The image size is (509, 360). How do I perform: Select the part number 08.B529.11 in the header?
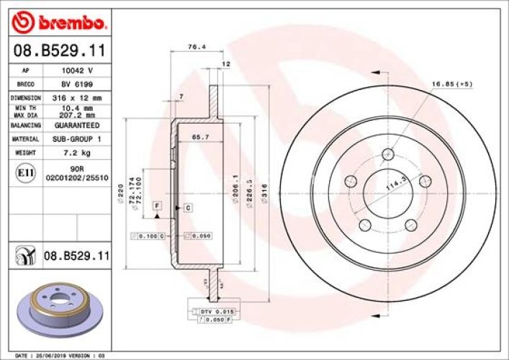[60, 51]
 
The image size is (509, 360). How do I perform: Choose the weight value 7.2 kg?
[76, 153]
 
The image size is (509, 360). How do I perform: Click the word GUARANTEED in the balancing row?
[76, 125]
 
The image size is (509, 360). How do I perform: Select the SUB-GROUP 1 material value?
[76, 138]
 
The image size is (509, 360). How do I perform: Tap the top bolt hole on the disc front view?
[389, 153]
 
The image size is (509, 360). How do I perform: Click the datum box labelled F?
[156, 207]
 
